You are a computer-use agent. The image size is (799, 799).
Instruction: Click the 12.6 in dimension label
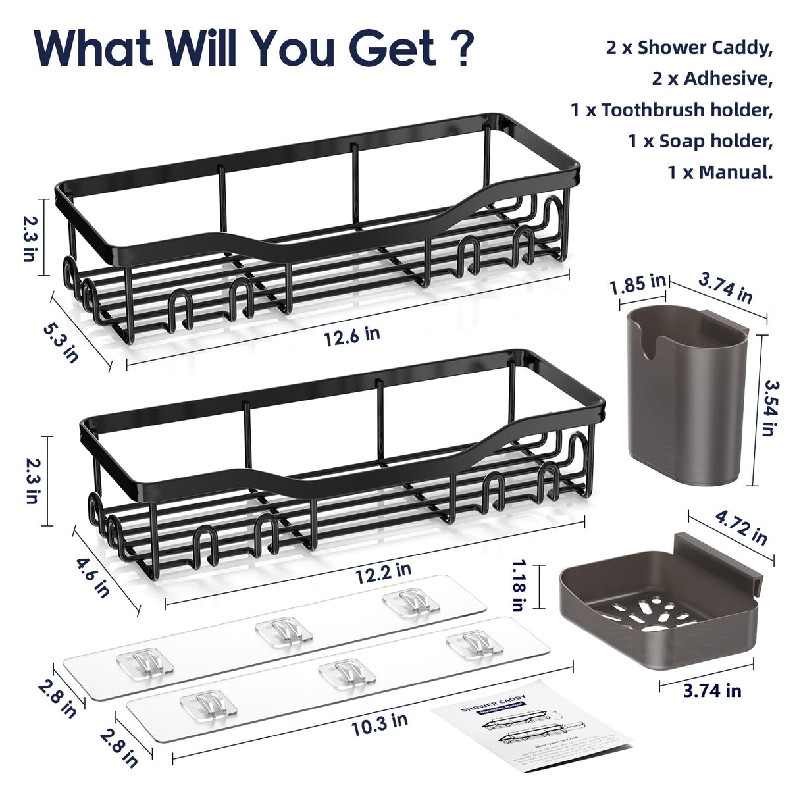click(x=352, y=335)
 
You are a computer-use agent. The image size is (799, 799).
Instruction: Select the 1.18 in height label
click(x=519, y=585)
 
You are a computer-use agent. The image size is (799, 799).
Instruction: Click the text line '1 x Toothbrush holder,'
click(x=671, y=110)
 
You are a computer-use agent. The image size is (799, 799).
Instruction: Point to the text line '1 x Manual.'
click(x=720, y=172)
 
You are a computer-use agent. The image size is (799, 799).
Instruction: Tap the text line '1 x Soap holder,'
click(x=700, y=142)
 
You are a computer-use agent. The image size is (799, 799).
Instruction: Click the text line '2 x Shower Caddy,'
click(x=689, y=48)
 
